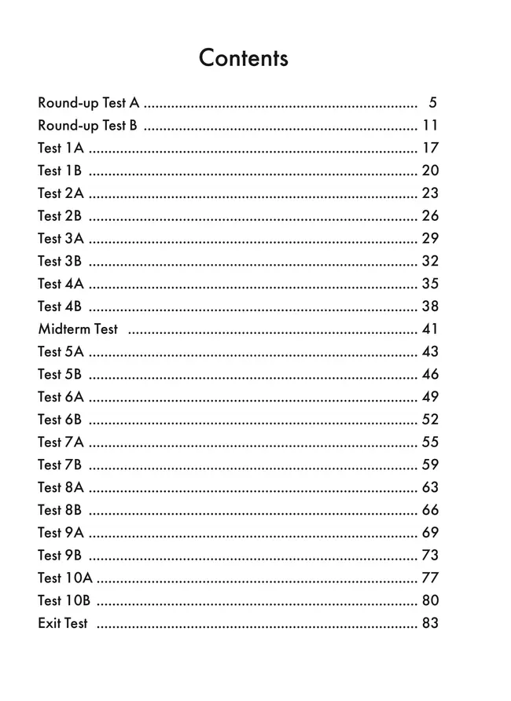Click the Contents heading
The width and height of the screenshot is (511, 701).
point(244,58)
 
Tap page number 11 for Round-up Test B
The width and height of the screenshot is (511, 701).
point(430,126)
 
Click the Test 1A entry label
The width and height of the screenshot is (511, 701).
point(61,149)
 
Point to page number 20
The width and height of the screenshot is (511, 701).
point(430,171)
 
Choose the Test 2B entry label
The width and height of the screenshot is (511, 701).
point(61,216)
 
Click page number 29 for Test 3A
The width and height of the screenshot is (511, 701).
point(430,239)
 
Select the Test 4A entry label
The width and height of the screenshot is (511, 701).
point(61,284)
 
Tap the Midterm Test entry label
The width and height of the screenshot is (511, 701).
point(78,329)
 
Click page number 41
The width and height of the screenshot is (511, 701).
point(430,329)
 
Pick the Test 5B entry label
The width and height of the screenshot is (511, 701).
point(61,375)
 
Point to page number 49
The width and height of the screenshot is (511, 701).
point(430,397)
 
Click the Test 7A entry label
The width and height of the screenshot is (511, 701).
point(61,442)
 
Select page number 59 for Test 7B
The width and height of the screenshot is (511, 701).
point(430,465)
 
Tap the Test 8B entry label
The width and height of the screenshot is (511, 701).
point(61,510)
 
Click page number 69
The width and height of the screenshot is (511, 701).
point(430,533)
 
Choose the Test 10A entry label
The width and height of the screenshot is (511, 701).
point(64,578)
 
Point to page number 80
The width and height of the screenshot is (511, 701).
point(430,601)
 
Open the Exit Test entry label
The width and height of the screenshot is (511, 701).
point(63,624)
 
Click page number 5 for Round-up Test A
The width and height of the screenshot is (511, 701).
point(433,103)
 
